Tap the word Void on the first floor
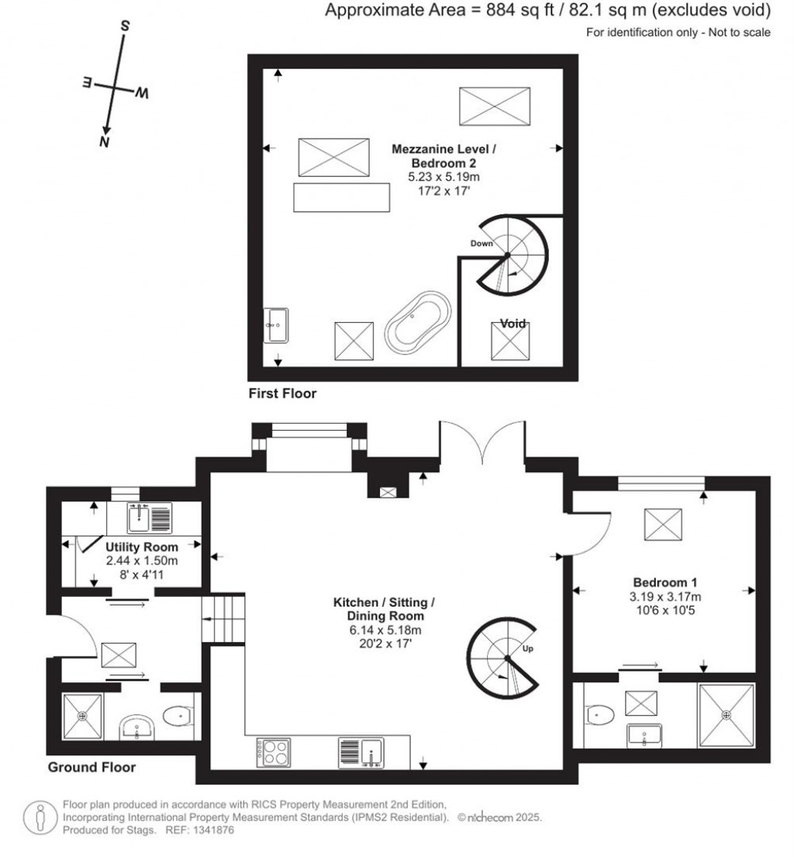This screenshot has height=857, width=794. click(x=513, y=324)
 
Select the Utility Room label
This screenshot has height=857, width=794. click(x=141, y=546)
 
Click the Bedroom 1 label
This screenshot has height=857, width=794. click(x=665, y=582)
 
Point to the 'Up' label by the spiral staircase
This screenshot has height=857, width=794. click(x=527, y=649)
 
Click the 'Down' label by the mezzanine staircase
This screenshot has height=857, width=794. click(x=482, y=243)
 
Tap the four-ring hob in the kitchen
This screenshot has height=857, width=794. click(x=274, y=752)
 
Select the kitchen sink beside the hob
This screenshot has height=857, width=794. click(x=361, y=753)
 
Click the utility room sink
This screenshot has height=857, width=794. click(x=149, y=518)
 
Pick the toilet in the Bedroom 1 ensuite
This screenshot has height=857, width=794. click(x=599, y=714)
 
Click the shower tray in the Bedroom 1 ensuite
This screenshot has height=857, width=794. click(x=727, y=715)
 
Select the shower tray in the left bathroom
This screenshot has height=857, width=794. click(x=82, y=716)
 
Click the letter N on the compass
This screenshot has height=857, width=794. click(x=105, y=142)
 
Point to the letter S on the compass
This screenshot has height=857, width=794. click(x=125, y=26)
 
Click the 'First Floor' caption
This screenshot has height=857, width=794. click(x=282, y=393)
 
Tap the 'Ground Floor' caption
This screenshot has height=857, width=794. click(x=91, y=767)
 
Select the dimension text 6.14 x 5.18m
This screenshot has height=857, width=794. click(x=385, y=630)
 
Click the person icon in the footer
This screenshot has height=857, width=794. click(x=40, y=817)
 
